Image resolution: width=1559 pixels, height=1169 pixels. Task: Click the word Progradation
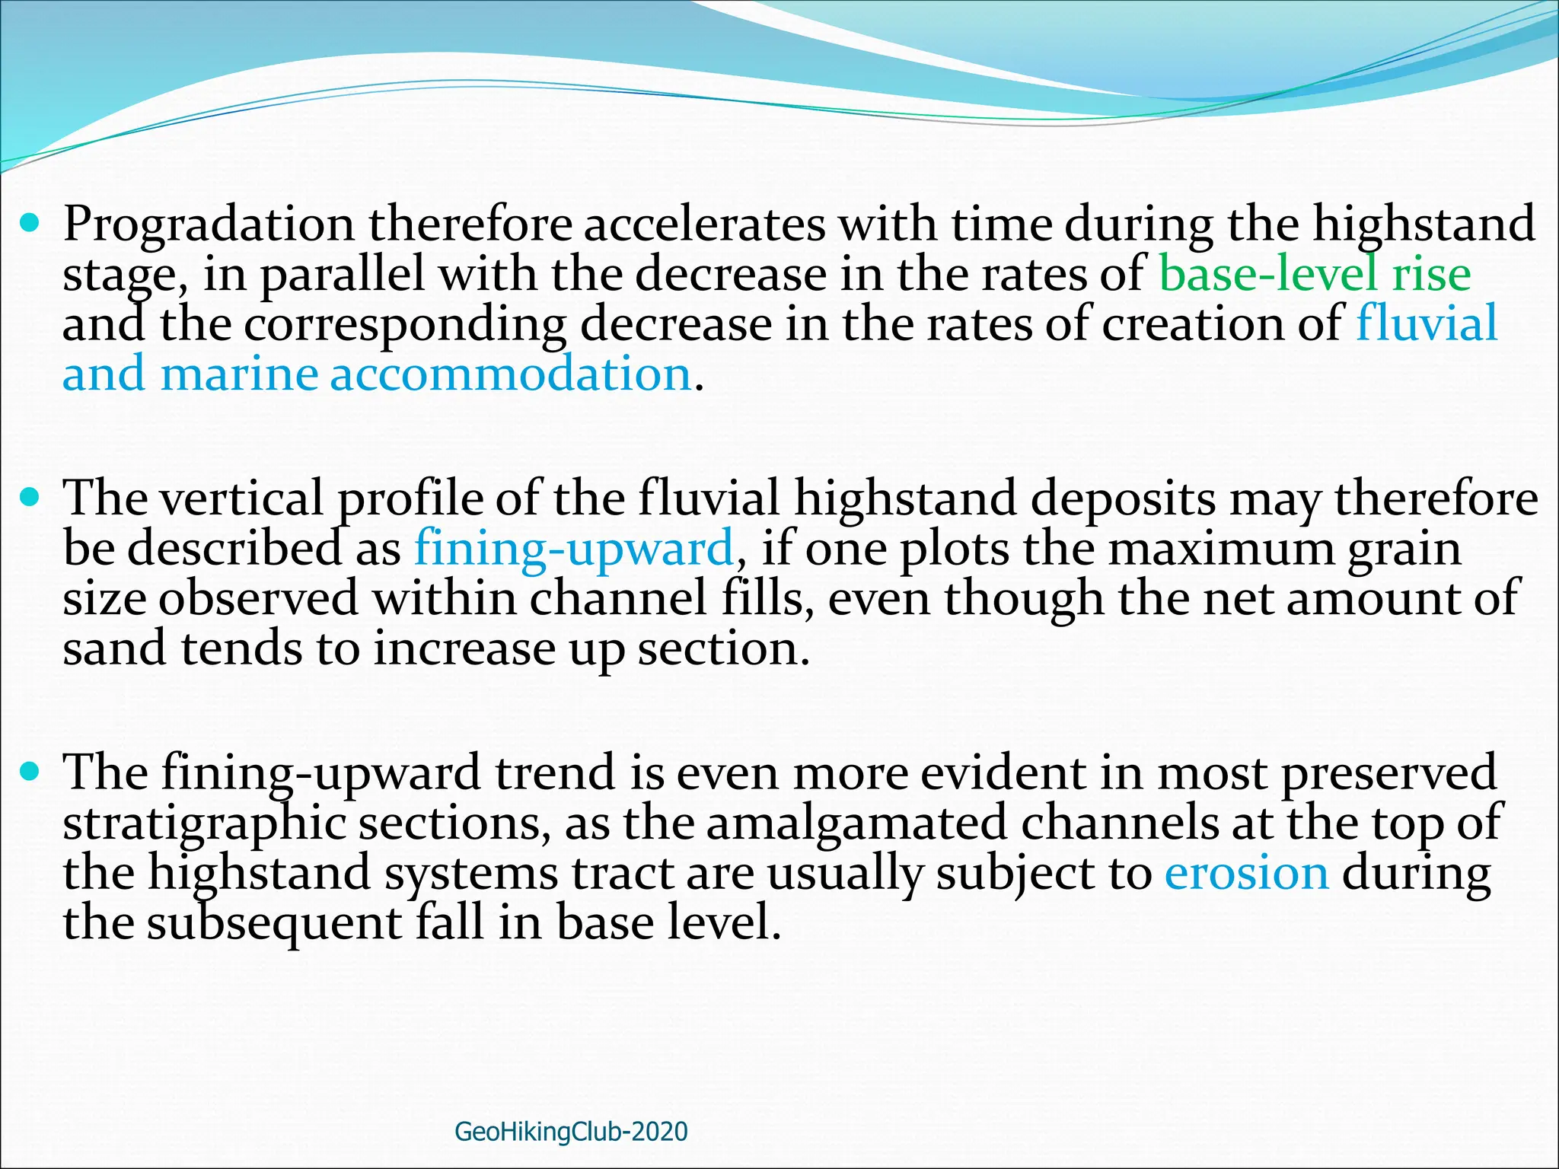pos(209,225)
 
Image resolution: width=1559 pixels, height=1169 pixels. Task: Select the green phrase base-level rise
pos(1315,275)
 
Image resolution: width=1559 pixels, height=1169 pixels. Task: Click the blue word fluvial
pos(1427,323)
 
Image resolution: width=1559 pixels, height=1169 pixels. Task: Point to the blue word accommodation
pos(510,374)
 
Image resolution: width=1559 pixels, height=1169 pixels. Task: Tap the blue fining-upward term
pos(574,548)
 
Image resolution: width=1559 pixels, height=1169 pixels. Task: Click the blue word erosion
pos(1246,873)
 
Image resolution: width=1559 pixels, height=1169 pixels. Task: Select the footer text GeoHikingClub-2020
pos(571,1132)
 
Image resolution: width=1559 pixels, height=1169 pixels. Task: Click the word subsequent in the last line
pos(273,923)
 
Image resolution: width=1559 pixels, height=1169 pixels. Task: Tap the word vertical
pos(243,499)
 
